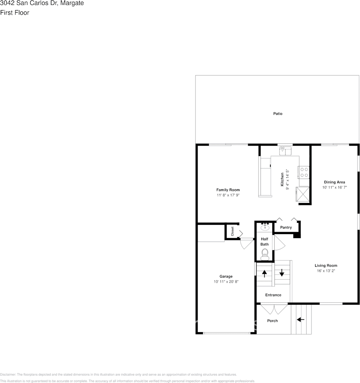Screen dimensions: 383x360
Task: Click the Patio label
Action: tap(278, 114)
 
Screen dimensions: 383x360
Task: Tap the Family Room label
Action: tap(228, 190)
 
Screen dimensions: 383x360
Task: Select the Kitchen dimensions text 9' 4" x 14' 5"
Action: tap(287, 179)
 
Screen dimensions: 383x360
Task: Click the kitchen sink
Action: tap(285, 151)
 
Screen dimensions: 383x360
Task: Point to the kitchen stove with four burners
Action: tap(304, 172)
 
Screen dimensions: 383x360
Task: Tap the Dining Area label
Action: tap(334, 182)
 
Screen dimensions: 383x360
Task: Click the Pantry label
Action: tap(286, 228)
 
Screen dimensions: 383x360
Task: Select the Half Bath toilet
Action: tap(265, 253)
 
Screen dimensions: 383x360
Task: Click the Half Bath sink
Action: tap(265, 228)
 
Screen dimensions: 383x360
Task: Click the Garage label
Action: tap(226, 276)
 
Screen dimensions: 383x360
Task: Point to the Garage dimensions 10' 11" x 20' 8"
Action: tap(226, 282)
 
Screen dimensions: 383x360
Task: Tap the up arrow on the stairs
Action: tap(265, 273)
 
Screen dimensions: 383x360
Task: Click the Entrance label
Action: tap(273, 295)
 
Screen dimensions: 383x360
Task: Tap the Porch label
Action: tap(273, 321)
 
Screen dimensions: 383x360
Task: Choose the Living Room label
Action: tap(326, 266)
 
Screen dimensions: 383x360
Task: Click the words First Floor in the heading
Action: tap(15, 13)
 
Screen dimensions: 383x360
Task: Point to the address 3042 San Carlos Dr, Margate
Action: tap(42, 3)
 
